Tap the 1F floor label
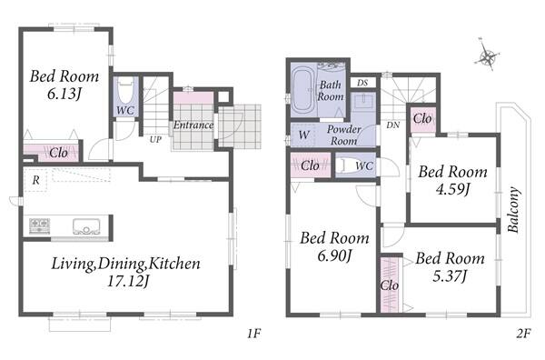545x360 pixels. (253, 334)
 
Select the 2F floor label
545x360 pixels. (523, 334)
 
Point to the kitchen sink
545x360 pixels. (86, 226)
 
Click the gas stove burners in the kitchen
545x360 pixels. (39, 225)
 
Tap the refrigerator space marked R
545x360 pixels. (35, 180)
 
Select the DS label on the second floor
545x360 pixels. (362, 83)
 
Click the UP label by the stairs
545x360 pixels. (155, 139)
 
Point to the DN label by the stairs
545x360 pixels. (392, 125)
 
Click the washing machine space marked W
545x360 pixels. (303, 135)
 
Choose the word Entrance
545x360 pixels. (193, 125)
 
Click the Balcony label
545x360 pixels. (514, 210)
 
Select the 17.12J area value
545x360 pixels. (128, 281)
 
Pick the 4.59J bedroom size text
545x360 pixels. (452, 189)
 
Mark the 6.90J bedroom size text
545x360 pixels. (334, 255)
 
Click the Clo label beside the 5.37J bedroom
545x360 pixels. (390, 285)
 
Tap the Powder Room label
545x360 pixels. (343, 135)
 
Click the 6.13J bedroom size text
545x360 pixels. (64, 94)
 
